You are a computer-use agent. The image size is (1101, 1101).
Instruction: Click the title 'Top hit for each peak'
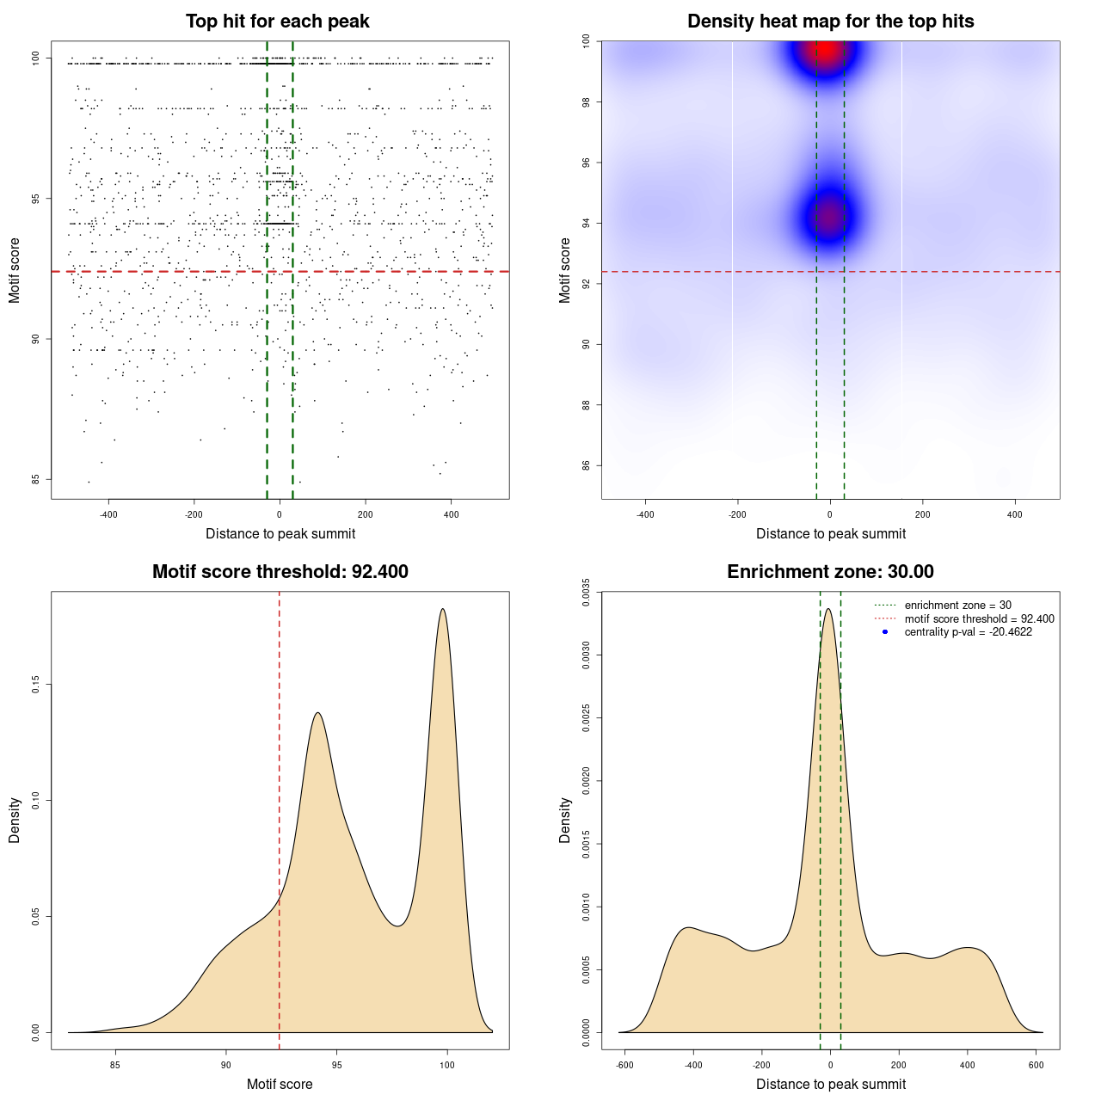click(278, 22)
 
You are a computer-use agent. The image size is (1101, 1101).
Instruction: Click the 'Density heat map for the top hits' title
click(830, 22)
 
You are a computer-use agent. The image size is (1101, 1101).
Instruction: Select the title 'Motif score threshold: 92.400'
click(280, 572)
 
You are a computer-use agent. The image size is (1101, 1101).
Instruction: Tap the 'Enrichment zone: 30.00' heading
click(830, 572)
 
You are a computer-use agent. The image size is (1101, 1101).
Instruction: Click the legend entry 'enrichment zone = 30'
click(957, 606)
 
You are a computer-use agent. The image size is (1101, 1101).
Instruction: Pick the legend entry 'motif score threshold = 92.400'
click(979, 618)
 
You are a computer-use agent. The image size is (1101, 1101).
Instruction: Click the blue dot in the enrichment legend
click(885, 632)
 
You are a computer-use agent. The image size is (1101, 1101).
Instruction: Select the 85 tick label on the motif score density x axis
click(115, 1065)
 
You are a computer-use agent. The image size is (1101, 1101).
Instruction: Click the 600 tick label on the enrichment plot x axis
click(1036, 1065)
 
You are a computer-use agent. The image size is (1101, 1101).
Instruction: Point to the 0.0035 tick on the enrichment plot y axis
click(587, 592)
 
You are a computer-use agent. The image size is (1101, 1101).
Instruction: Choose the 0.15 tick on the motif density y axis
click(36, 685)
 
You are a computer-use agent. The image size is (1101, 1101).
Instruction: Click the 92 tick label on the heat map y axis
click(587, 284)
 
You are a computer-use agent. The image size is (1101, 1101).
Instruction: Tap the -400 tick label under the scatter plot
click(108, 514)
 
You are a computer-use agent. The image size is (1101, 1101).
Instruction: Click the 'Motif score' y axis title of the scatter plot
click(15, 271)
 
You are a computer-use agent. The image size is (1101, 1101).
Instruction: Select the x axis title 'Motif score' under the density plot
click(280, 1084)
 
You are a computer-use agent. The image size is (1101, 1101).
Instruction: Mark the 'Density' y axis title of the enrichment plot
click(565, 820)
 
